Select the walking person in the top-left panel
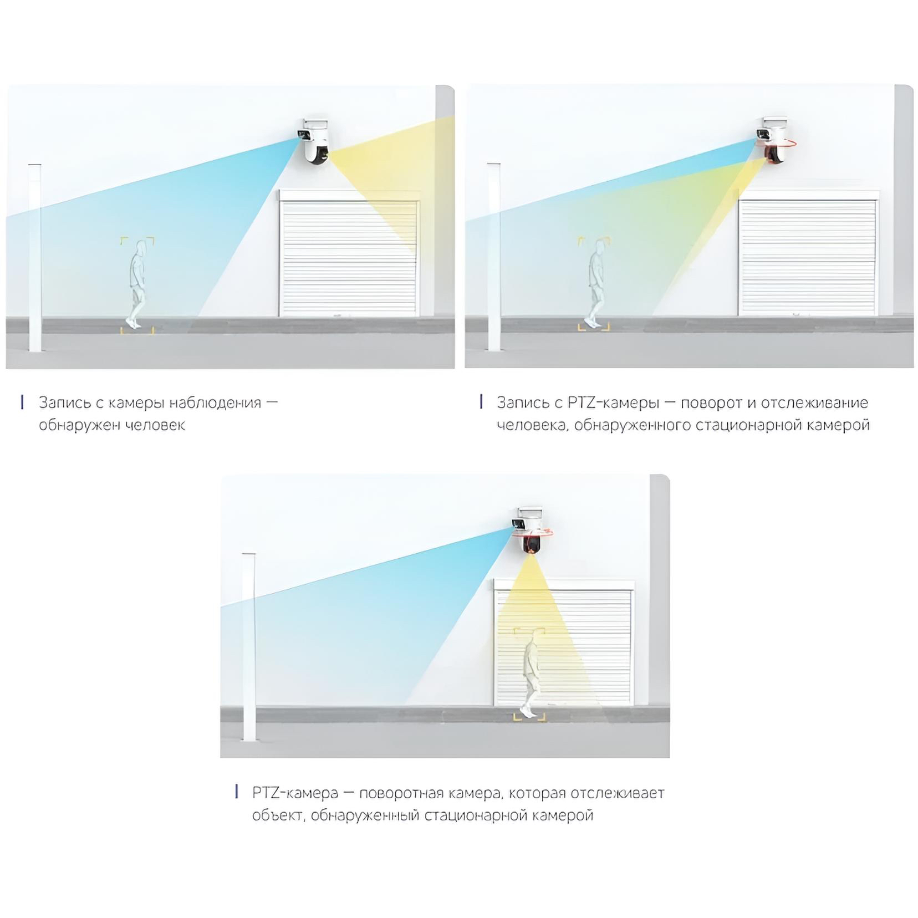[136, 286]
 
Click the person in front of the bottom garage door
[530, 676]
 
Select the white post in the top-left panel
[35, 257]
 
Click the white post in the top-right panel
[493, 257]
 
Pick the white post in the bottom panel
[249, 646]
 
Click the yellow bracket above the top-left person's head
[137, 239]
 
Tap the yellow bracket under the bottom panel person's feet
[529, 717]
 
